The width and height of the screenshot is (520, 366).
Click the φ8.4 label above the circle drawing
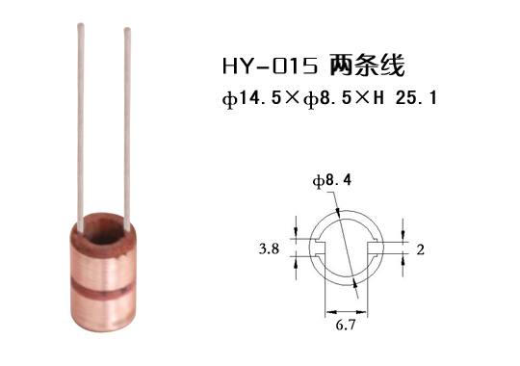(325, 180)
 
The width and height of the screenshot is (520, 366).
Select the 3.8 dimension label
(270, 248)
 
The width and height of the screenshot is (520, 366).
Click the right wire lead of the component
(127, 125)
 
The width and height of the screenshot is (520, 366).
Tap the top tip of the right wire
(127, 32)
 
